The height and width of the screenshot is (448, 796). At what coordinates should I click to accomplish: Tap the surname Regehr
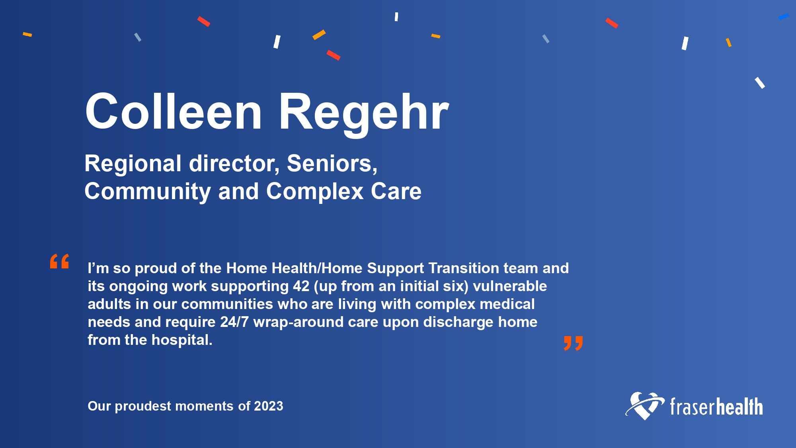pos(364,113)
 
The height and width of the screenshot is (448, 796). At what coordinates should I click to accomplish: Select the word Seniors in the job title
pos(332,163)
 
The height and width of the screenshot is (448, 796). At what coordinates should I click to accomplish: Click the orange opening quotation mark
pos(60,261)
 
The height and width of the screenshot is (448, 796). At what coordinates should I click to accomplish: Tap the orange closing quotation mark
pos(574,343)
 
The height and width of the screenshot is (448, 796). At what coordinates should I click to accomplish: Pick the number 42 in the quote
pos(301,286)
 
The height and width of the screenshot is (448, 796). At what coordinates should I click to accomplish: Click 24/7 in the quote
pos(234,322)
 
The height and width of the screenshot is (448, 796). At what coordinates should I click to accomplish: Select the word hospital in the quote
pos(182,340)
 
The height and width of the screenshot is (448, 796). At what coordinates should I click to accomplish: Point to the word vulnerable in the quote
pos(510,286)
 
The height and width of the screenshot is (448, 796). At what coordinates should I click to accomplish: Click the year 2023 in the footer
pos(269,406)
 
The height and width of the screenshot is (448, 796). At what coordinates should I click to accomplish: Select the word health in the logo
pos(739,407)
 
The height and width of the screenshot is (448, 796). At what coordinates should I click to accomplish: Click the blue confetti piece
pos(784,17)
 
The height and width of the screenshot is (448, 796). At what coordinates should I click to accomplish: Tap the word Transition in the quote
pos(464,268)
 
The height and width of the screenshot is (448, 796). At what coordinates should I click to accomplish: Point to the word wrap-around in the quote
pos(298,322)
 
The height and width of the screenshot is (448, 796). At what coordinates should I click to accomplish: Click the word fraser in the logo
pos(693,407)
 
